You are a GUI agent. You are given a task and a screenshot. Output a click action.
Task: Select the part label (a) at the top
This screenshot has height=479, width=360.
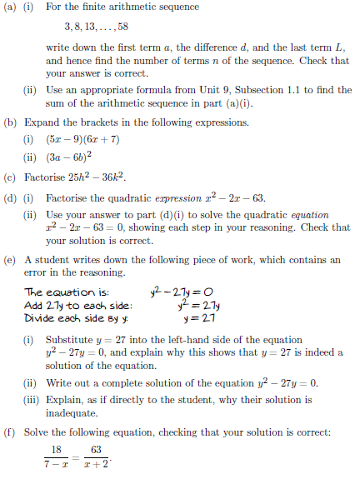pyautogui.click(x=12, y=7)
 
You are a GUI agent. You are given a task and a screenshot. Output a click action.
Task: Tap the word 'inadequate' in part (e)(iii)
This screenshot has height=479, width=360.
pyautogui.click(x=72, y=416)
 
